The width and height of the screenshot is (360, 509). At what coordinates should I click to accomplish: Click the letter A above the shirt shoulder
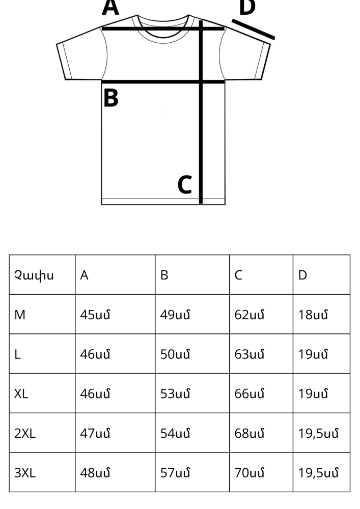coord(110,8)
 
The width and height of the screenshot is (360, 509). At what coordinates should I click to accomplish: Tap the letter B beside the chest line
coord(110,98)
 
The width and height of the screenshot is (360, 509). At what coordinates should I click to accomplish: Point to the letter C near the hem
coord(185,185)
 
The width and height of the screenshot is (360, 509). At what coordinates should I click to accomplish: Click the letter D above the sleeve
coord(247,7)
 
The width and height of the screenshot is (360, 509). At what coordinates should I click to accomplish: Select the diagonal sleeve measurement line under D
coord(253,29)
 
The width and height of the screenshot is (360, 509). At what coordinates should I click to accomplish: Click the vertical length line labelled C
coord(201,112)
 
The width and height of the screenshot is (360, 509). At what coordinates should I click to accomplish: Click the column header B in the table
coord(164,275)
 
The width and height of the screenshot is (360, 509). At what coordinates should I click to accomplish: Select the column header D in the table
coord(302,275)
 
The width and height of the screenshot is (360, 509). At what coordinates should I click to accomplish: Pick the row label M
coord(20,315)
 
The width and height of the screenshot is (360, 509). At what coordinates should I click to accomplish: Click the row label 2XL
coord(25,433)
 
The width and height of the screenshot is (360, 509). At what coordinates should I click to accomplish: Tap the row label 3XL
coord(25,473)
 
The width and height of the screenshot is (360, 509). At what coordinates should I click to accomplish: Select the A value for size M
coord(95,315)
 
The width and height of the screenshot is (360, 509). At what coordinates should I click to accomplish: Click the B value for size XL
coord(175,394)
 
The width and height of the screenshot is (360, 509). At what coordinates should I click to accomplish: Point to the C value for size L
coord(250,354)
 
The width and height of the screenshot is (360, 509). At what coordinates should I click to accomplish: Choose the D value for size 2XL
coord(318,434)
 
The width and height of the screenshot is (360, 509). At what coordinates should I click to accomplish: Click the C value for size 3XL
coord(250,473)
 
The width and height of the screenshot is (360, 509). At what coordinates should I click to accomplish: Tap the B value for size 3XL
coord(175,473)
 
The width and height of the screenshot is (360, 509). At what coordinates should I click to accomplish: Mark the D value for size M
coord(313,315)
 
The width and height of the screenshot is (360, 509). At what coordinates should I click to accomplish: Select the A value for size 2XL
coord(95,433)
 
